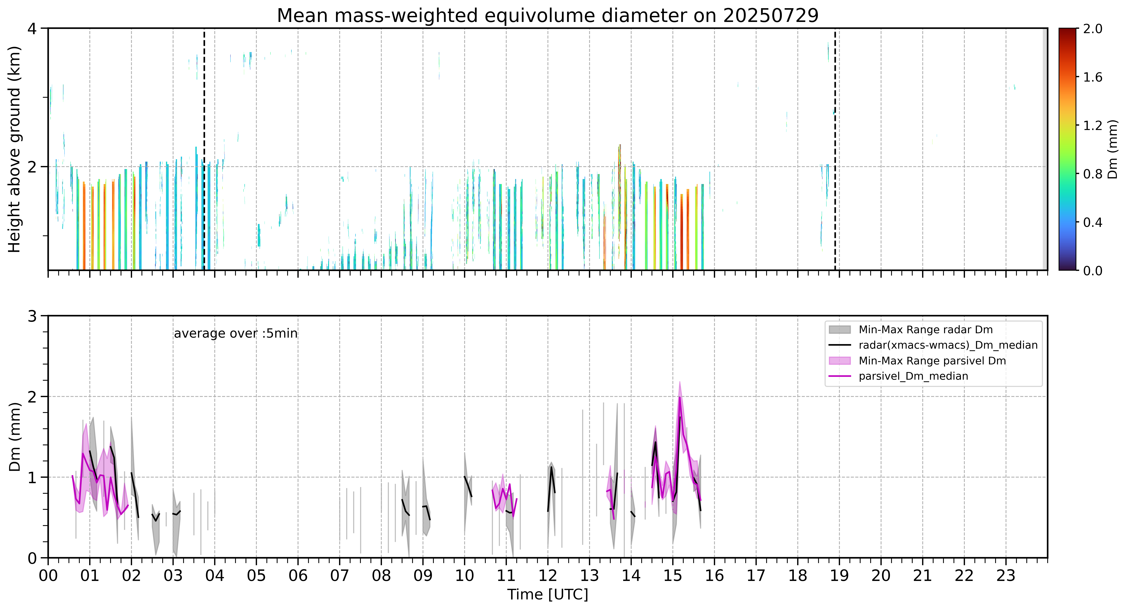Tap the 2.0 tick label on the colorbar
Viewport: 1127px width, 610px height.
click(x=1092, y=29)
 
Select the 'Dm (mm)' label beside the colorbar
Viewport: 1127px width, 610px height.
click(x=1113, y=150)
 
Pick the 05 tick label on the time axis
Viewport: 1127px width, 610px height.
click(x=256, y=575)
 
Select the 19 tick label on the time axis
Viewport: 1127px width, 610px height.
click(x=839, y=575)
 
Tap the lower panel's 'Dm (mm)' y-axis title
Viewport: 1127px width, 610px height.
click(x=14, y=436)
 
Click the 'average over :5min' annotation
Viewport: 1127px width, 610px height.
click(x=235, y=334)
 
